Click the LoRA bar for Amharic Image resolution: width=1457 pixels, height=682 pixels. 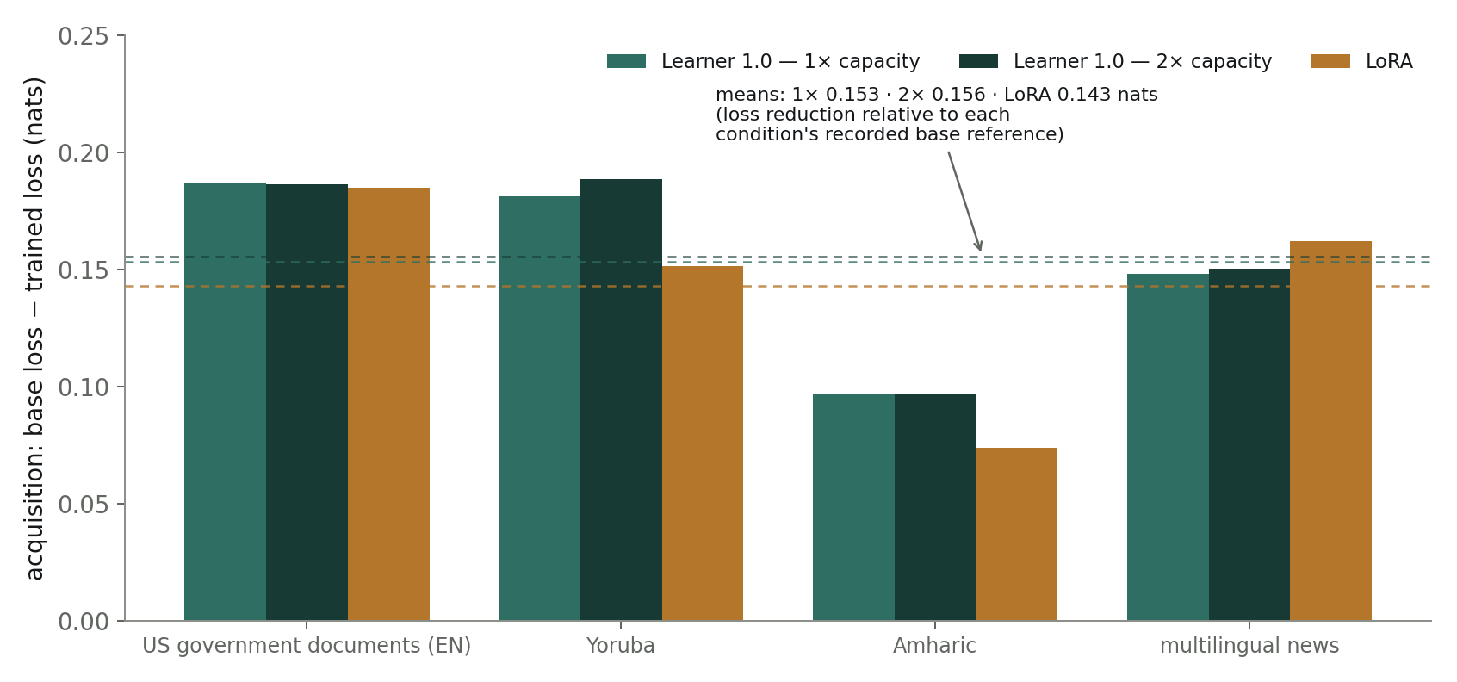[x=1017, y=535]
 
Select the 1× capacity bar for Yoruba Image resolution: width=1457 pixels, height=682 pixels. [x=539, y=408]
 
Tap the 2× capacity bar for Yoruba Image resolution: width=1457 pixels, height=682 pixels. [x=621, y=400]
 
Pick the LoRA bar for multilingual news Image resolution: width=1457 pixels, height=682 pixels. [x=1330, y=431]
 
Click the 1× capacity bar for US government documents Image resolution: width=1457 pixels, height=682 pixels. [x=225, y=402]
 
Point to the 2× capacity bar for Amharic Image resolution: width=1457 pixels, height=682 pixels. [x=935, y=507]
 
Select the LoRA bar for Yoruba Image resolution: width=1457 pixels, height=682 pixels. [x=703, y=443]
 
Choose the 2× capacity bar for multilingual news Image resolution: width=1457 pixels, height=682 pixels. [x=1249, y=444]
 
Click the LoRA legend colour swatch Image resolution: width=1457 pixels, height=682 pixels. [x=1330, y=61]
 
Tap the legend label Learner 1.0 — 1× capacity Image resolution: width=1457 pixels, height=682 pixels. [x=790, y=61]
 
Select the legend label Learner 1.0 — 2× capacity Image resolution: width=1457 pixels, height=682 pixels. [x=1142, y=61]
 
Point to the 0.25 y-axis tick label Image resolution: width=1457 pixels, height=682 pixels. [x=84, y=36]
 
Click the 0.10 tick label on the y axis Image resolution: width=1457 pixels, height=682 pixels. [x=84, y=387]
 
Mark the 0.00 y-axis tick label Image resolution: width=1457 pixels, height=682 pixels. [x=84, y=623]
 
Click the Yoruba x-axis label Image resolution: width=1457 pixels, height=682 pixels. [x=621, y=646]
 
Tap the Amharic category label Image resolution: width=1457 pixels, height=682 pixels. [x=934, y=646]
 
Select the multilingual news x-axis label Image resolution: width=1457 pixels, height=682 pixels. [x=1249, y=646]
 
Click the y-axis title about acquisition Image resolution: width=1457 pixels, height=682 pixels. [x=34, y=328]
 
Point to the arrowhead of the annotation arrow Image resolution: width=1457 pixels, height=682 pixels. [x=980, y=248]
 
